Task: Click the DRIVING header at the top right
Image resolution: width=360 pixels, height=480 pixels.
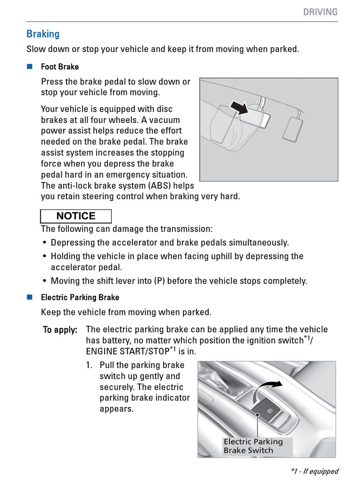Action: (320, 12)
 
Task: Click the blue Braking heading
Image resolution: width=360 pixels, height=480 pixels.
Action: (43, 34)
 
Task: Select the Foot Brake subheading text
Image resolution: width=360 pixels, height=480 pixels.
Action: (60, 67)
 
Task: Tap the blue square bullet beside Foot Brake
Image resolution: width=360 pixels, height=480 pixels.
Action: (30, 66)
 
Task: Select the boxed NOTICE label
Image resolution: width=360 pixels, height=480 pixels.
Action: (76, 216)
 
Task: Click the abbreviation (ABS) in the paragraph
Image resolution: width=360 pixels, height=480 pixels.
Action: (160, 186)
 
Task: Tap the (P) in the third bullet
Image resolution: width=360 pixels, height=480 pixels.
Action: (159, 281)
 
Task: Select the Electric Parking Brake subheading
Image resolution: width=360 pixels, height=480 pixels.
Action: (80, 297)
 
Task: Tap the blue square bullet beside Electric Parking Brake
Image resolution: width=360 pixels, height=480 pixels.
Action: (30, 297)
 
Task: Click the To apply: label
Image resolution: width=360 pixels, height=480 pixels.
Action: (60, 330)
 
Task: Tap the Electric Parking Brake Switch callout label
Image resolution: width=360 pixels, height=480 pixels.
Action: (253, 446)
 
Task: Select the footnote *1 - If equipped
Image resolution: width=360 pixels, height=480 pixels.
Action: (314, 471)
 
